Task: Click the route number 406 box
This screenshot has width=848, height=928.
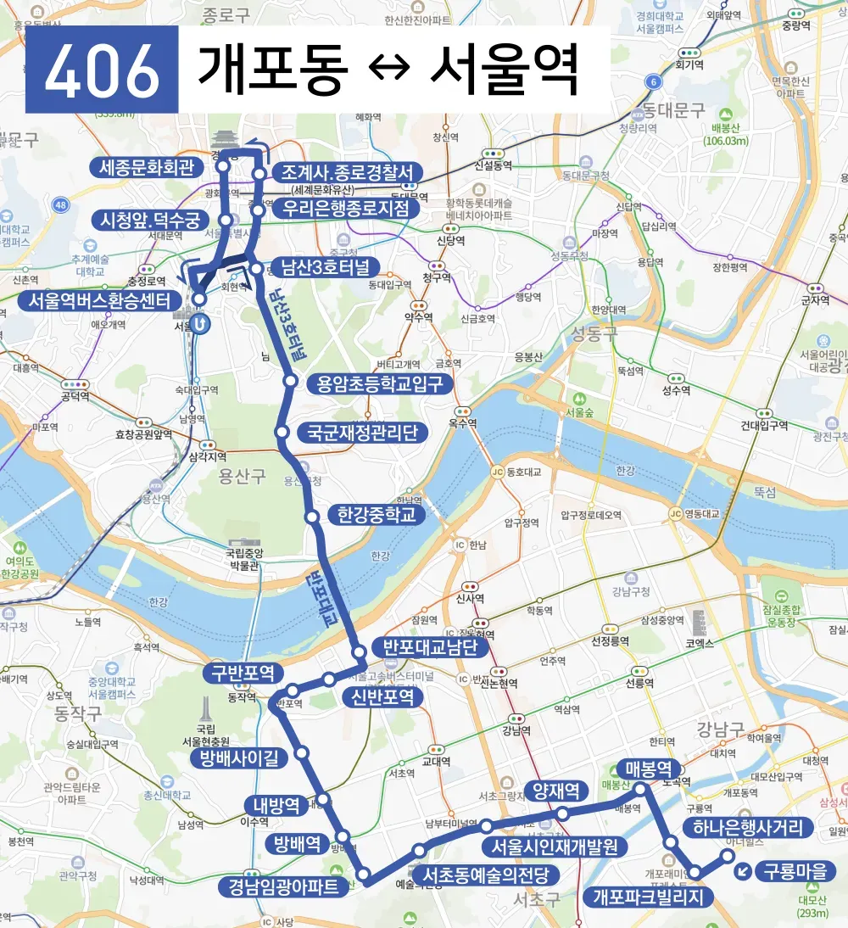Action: pyautogui.click(x=102, y=70)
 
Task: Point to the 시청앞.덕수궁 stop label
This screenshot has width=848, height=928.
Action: pyautogui.click(x=149, y=221)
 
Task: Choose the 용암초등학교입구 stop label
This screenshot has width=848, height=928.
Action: pyautogui.click(x=376, y=383)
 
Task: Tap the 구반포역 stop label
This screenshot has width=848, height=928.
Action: pyautogui.click(x=243, y=674)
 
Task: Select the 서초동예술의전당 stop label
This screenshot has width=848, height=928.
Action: pyautogui.click(x=487, y=875)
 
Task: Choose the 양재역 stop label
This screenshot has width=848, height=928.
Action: pyautogui.click(x=556, y=791)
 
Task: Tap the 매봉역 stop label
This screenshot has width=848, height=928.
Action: pyautogui.click(x=649, y=769)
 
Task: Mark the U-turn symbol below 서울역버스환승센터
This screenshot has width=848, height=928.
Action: pyautogui.click(x=199, y=323)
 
